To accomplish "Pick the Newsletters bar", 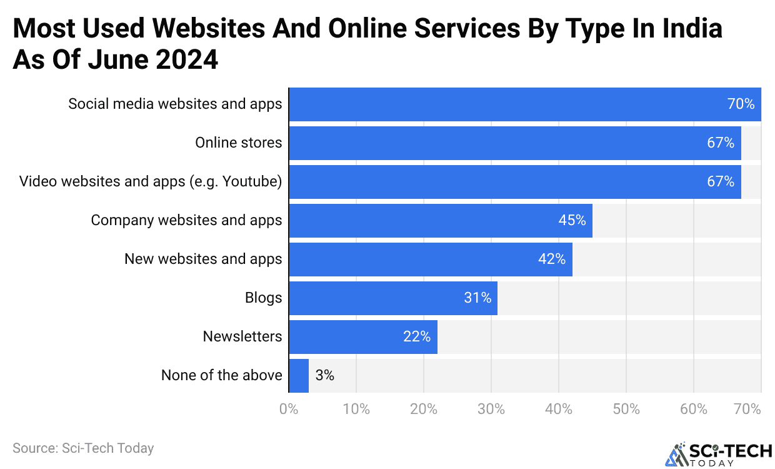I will click(x=362, y=337).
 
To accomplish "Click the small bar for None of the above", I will click(x=298, y=376).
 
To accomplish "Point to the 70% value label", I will click(x=741, y=104).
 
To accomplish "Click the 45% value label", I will click(x=572, y=221).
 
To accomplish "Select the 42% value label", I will click(x=552, y=260).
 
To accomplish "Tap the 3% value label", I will click(x=324, y=376).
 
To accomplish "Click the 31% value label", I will click(x=477, y=298).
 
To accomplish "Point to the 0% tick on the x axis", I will click(x=288, y=410).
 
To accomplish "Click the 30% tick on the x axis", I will click(x=491, y=410).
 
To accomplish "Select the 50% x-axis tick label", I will click(x=626, y=410).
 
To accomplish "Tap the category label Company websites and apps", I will click(x=186, y=221).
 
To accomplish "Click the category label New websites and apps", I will click(x=203, y=260).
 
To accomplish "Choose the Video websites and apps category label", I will click(x=151, y=182).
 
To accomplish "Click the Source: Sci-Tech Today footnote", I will click(x=83, y=448).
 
